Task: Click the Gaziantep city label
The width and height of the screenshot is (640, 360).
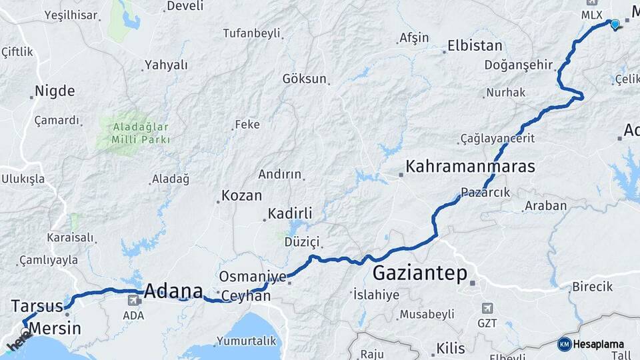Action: pyautogui.click(x=420, y=273)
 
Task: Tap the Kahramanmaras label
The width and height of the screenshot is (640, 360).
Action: pyautogui.click(x=470, y=166)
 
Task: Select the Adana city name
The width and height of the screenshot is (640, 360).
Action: pyautogui.click(x=173, y=291)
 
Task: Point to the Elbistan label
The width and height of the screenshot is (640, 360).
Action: pyautogui.click(x=475, y=47)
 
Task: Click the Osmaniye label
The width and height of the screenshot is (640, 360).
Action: pyautogui.click(x=253, y=277)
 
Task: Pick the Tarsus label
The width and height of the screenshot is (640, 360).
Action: pyautogui.click(x=37, y=306)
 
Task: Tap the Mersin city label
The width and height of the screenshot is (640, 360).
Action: pyautogui.click(x=55, y=328)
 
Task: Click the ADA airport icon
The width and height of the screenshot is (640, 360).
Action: pyautogui.click(x=133, y=301)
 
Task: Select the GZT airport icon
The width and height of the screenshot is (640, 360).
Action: pyautogui.click(x=487, y=308)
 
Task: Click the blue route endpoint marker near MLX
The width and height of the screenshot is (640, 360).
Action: pyautogui.click(x=615, y=24)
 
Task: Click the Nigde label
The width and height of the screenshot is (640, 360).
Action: pyautogui.click(x=55, y=91)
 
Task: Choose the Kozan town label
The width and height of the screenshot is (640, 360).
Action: pyautogui.click(x=241, y=196)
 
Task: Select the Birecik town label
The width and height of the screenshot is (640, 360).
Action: pyautogui.click(x=592, y=287)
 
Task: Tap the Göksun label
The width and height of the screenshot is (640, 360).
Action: pyautogui.click(x=305, y=79)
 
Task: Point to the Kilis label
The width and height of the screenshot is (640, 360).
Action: pyautogui.click(x=451, y=347)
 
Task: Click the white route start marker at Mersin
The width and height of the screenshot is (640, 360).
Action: pyautogui.click(x=25, y=331)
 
